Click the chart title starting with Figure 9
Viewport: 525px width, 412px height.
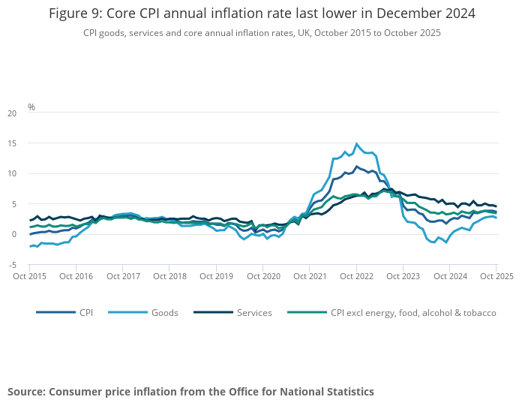pyautogui.click(x=262, y=14)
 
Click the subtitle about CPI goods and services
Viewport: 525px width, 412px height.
pyautogui.click(x=262, y=33)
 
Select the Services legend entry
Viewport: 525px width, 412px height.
pyautogui.click(x=253, y=312)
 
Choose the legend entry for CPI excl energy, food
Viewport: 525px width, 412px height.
pyautogui.click(x=413, y=312)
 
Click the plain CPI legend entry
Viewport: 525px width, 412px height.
pyautogui.click(x=86, y=312)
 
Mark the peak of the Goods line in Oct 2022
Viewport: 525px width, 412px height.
pyautogui.click(x=357, y=143)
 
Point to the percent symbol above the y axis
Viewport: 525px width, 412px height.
pyautogui.click(x=31, y=107)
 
